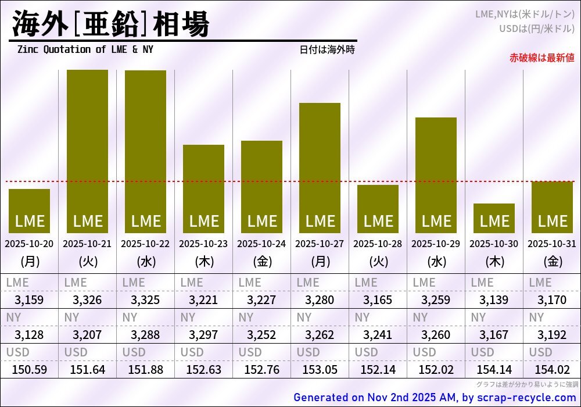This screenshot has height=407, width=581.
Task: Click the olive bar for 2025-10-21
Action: point(87,151)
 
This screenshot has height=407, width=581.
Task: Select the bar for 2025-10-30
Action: point(494,218)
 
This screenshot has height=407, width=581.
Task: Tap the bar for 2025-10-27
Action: point(320,168)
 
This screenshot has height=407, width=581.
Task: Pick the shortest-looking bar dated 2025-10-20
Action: point(29,210)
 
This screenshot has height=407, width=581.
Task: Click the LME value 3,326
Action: point(87,300)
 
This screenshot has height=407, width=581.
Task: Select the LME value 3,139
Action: point(494,300)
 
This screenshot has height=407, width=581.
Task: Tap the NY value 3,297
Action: point(203,335)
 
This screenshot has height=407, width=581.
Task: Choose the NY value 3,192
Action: point(552,335)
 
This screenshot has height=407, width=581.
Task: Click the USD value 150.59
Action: point(29,370)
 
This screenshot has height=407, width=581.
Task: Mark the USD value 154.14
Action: point(494,370)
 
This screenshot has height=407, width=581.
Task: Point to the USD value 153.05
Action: point(320,370)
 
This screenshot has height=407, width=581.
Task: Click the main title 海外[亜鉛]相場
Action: point(110,24)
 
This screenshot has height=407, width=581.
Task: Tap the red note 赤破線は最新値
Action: point(541,58)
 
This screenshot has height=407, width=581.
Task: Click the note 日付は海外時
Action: point(327,49)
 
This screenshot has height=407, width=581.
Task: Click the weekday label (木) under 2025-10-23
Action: point(203,262)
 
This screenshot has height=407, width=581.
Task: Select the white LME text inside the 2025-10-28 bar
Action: point(378,222)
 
